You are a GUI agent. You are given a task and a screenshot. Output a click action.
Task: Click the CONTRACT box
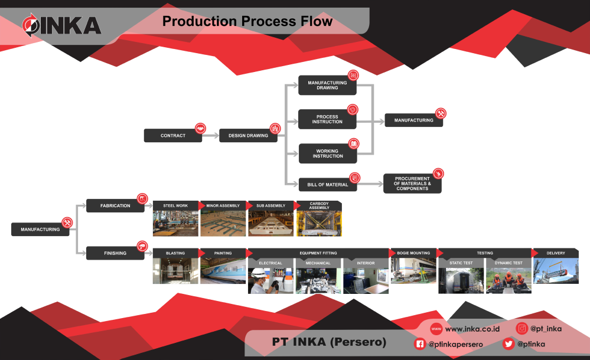pyautogui.click(x=172, y=136)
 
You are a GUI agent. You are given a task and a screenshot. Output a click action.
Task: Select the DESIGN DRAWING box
pyautogui.click(x=248, y=136)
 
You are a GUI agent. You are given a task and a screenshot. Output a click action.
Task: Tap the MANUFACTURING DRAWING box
pyautogui.click(x=327, y=86)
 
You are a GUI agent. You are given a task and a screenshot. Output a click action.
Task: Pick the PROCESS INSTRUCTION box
pyautogui.click(x=327, y=119)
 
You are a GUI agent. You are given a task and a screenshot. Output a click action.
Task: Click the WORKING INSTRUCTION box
pyautogui.click(x=327, y=153)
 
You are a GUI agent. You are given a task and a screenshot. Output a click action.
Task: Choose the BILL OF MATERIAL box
pyautogui.click(x=327, y=185)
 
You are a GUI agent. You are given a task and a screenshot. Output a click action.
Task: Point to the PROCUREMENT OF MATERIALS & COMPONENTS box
pyautogui.click(x=412, y=184)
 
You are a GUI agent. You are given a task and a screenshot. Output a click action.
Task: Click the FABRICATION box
pyautogui.click(x=115, y=206)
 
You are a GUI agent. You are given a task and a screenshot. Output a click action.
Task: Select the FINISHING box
pyautogui.click(x=115, y=253)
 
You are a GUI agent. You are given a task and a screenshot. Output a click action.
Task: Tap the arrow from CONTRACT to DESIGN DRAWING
pyautogui.click(x=211, y=136)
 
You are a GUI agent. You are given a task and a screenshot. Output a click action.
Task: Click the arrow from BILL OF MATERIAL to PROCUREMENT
pyautogui.click(x=370, y=185)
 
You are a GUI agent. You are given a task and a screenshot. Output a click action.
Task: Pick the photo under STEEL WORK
pyautogui.click(x=175, y=223)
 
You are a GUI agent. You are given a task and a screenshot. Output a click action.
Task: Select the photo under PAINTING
pyautogui.click(x=223, y=270)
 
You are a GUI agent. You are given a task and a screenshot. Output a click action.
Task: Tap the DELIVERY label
pyautogui.click(x=555, y=253)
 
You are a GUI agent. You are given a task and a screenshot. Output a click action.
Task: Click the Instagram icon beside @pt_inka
pyautogui.click(x=522, y=329)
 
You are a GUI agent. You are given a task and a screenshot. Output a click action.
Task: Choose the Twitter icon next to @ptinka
pyautogui.click(x=508, y=344)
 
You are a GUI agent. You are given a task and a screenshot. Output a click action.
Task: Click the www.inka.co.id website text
pyautogui.click(x=472, y=329)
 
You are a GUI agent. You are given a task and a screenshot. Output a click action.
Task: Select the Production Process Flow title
pyautogui.click(x=247, y=22)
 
